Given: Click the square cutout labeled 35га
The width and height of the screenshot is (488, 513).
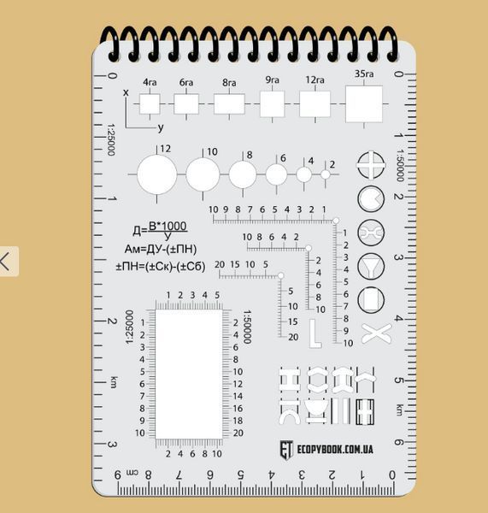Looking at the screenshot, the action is tap(364, 104).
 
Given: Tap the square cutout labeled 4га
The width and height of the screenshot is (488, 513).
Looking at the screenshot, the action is tap(150, 104).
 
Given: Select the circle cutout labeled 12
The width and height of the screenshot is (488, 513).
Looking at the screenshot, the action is tap(157, 174).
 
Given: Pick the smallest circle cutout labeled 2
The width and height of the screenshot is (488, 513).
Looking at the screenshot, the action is tap(325, 174).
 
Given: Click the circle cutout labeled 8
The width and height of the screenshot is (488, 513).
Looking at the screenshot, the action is tap(243, 174).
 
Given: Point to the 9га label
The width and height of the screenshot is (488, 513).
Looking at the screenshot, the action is tap(272, 80).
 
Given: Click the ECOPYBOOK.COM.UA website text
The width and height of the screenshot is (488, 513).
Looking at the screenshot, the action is tap(335, 449).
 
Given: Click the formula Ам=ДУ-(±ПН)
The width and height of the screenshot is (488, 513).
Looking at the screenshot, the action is tap(161, 250).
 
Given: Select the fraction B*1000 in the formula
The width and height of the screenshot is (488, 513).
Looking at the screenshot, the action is tap(168, 226).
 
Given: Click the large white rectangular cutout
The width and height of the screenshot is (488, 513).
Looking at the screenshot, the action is tap(189, 374).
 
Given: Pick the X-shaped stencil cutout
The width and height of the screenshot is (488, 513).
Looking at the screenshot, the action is tap(376, 333).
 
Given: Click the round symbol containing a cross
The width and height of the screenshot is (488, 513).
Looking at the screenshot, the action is tap(371, 165).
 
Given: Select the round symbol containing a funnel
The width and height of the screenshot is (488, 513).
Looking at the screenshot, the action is tap(371, 267).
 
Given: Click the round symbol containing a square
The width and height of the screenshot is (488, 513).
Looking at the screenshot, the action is tap(371, 300).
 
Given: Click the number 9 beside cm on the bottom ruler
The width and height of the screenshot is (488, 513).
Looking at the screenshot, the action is tap(118, 475).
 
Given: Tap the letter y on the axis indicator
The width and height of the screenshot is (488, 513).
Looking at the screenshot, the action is tap(161, 127).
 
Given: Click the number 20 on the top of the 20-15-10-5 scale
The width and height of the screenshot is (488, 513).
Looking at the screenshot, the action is tap(220, 264).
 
